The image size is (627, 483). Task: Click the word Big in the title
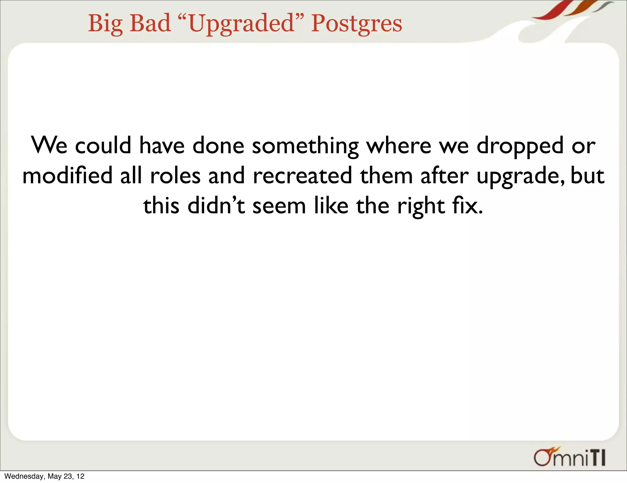pyautogui.click(x=105, y=24)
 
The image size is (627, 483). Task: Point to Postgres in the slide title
pyautogui.click(x=356, y=24)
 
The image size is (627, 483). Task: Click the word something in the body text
pyautogui.click(x=305, y=146)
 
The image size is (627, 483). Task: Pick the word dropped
pyautogui.click(x=520, y=146)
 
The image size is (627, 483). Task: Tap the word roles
pyautogui.click(x=175, y=176)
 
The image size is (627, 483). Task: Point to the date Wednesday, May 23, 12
pyautogui.click(x=44, y=476)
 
